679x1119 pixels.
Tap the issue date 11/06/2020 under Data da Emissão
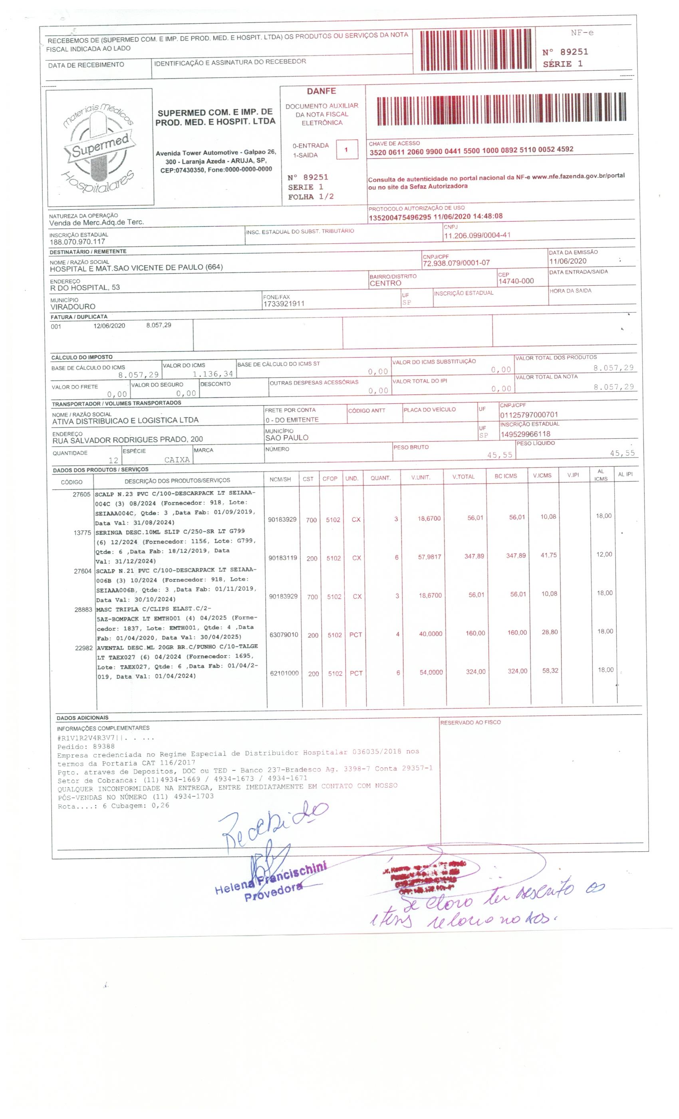[567, 261]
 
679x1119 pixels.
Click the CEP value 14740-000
[516, 281]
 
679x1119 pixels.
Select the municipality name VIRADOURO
[73, 307]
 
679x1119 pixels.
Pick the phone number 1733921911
[284, 304]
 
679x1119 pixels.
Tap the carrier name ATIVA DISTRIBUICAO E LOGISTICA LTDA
[125, 420]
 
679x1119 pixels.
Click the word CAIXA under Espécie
[177, 460]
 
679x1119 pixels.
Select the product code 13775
[83, 533]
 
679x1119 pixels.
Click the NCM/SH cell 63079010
[284, 635]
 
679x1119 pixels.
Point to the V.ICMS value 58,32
[550, 670]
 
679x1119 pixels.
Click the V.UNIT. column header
[420, 477]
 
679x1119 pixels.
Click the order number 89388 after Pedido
[103, 746]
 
